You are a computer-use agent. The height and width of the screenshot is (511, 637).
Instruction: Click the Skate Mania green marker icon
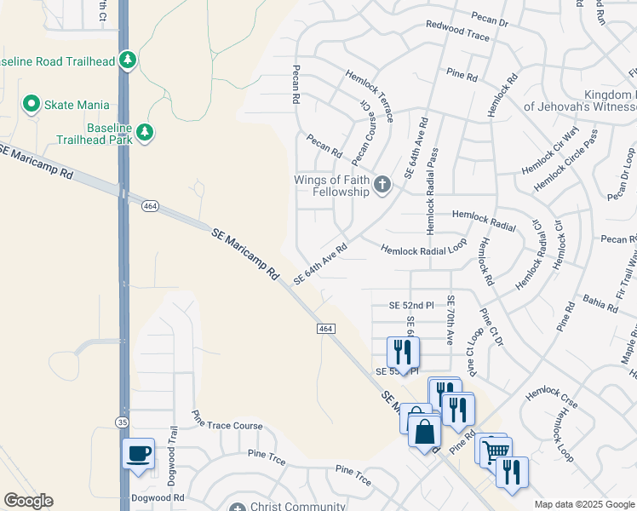pos(32,105)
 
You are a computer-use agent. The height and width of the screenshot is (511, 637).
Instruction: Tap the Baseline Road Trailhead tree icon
pos(128,60)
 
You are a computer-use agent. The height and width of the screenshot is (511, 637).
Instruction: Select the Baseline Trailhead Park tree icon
pos(146,131)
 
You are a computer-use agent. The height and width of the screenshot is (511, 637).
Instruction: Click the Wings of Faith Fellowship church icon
pos(382,184)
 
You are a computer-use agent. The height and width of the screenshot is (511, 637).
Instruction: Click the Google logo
pos(28,501)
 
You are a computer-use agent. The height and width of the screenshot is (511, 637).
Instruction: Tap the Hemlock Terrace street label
pos(368,96)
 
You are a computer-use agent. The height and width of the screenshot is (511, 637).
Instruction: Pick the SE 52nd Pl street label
pos(411,305)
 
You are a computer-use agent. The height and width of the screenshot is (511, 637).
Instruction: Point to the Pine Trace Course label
pos(227,425)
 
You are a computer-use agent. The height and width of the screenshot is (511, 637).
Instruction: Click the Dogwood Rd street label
pos(158,497)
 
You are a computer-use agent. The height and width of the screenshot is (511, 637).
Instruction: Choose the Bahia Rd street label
pos(600,304)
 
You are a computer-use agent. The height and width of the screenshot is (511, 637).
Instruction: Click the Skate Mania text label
pos(77,105)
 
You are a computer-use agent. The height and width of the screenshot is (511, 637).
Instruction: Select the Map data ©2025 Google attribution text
pos(582,504)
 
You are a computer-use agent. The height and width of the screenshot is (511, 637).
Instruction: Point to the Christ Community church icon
pos(238,508)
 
